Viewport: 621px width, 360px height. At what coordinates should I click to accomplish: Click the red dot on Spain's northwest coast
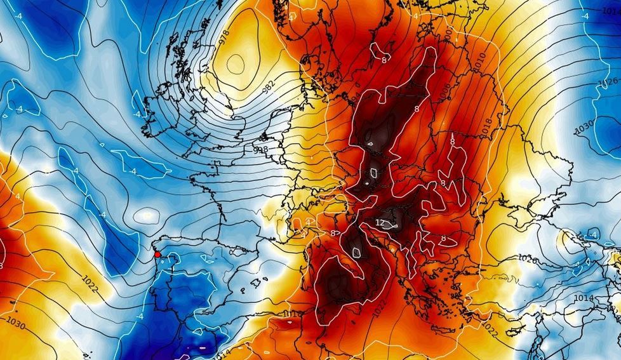[157, 254]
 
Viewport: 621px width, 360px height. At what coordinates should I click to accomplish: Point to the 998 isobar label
[260, 150]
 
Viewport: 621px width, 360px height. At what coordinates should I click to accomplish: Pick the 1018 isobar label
[487, 126]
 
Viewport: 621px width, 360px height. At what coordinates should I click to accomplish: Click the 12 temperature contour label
[380, 223]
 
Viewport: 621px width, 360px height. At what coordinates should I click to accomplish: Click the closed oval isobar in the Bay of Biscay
[147, 215]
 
